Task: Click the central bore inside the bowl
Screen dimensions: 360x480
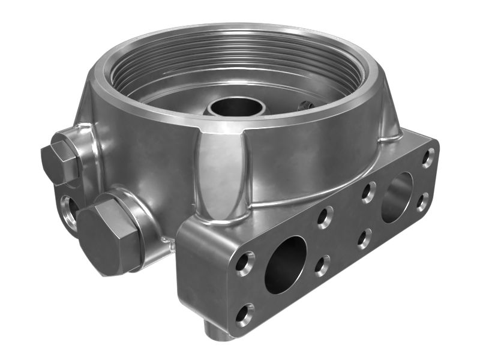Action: click(x=237, y=107)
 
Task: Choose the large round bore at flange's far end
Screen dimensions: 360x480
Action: click(x=397, y=197)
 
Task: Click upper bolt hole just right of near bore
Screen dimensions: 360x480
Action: click(x=325, y=217)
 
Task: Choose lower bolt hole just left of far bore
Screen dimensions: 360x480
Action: click(x=364, y=238)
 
